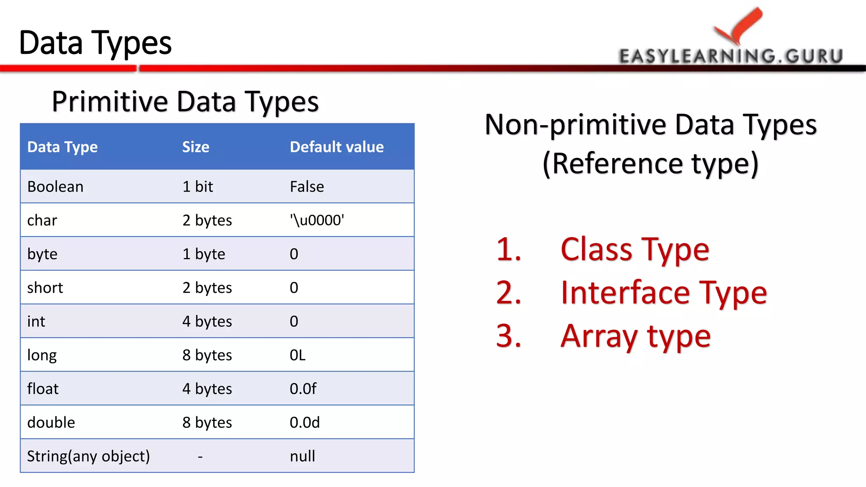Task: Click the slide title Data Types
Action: pos(95,43)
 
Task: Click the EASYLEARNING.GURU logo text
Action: pos(731,56)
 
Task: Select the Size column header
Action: pos(195,147)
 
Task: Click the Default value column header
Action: pos(337,147)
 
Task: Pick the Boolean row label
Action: pos(55,187)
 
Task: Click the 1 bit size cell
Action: pos(197,187)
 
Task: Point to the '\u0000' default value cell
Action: pos(317,220)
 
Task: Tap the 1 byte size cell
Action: pos(203,254)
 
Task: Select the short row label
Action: pos(45,288)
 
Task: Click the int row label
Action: pos(36,322)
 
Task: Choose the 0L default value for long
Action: pos(297,355)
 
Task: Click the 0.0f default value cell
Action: pos(303,389)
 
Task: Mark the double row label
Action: pos(51,423)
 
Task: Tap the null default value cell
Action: pos(302,457)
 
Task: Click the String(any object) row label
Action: pos(88,457)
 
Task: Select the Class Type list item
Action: pos(634,250)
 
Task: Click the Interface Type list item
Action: pos(663,293)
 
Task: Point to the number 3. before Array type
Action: pos(509,337)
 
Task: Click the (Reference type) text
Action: pos(650,164)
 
